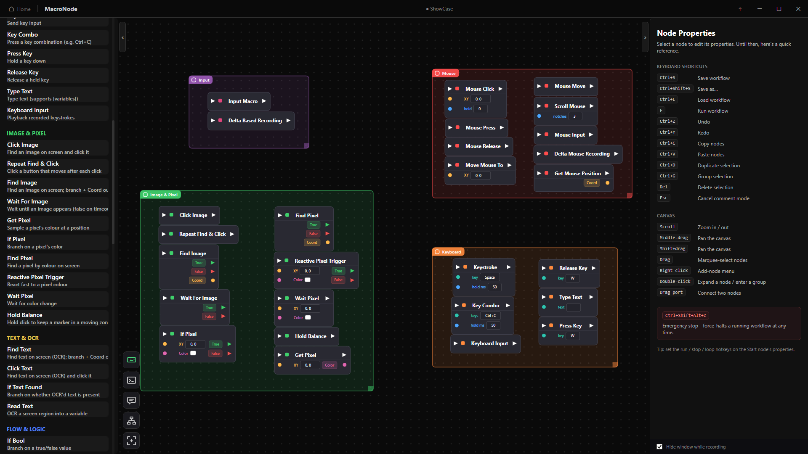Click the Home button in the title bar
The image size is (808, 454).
(x=20, y=9)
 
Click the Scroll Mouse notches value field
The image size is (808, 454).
(x=575, y=116)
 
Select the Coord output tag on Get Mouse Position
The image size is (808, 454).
(x=592, y=183)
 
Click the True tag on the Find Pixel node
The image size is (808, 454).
(x=314, y=225)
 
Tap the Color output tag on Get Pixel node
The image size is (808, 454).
(x=330, y=365)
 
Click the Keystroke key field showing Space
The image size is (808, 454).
(x=490, y=277)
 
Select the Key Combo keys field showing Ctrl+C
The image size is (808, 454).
(x=490, y=315)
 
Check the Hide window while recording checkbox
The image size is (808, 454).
(x=659, y=447)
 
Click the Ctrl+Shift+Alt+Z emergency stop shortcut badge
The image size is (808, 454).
(x=686, y=315)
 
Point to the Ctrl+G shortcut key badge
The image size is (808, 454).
(x=667, y=176)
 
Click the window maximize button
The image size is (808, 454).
(x=779, y=9)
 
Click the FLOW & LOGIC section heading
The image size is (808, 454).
(x=26, y=429)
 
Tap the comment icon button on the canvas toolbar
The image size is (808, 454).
(x=131, y=400)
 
